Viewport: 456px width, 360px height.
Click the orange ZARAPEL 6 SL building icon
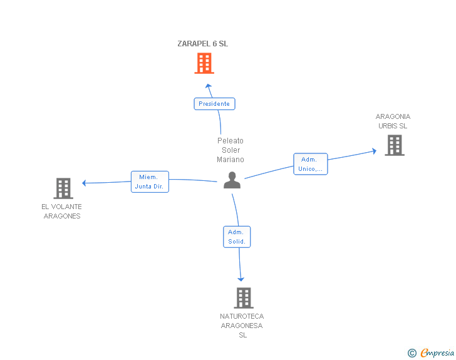click(x=204, y=63)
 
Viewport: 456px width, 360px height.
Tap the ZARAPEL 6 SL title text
click(x=202, y=44)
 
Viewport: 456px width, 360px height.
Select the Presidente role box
click(x=214, y=104)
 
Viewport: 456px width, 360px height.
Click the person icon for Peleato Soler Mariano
click(x=232, y=180)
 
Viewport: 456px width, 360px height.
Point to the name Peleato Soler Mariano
click(x=231, y=150)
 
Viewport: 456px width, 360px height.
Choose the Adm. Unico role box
click(x=311, y=164)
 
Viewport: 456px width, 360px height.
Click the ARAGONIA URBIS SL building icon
click(x=394, y=145)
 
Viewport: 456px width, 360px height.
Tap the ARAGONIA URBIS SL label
click(x=393, y=121)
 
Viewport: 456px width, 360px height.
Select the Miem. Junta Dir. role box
click(x=150, y=182)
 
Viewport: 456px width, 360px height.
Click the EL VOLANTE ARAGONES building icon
click(x=63, y=188)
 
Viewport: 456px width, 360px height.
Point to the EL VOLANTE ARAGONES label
click(x=62, y=211)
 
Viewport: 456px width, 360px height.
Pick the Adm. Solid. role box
click(x=237, y=237)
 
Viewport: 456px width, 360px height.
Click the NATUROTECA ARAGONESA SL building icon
click(x=244, y=298)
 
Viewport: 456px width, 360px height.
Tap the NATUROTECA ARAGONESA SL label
click(x=242, y=326)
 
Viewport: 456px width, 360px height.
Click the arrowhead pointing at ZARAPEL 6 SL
click(x=209, y=86)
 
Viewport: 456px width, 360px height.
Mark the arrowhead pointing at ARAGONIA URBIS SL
click(x=373, y=151)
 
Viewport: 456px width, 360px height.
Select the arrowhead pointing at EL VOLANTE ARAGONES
click(x=85, y=183)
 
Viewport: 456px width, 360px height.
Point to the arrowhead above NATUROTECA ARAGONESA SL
click(x=241, y=279)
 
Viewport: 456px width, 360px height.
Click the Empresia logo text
click(x=437, y=353)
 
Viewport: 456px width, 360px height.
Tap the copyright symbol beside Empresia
click(x=412, y=353)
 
